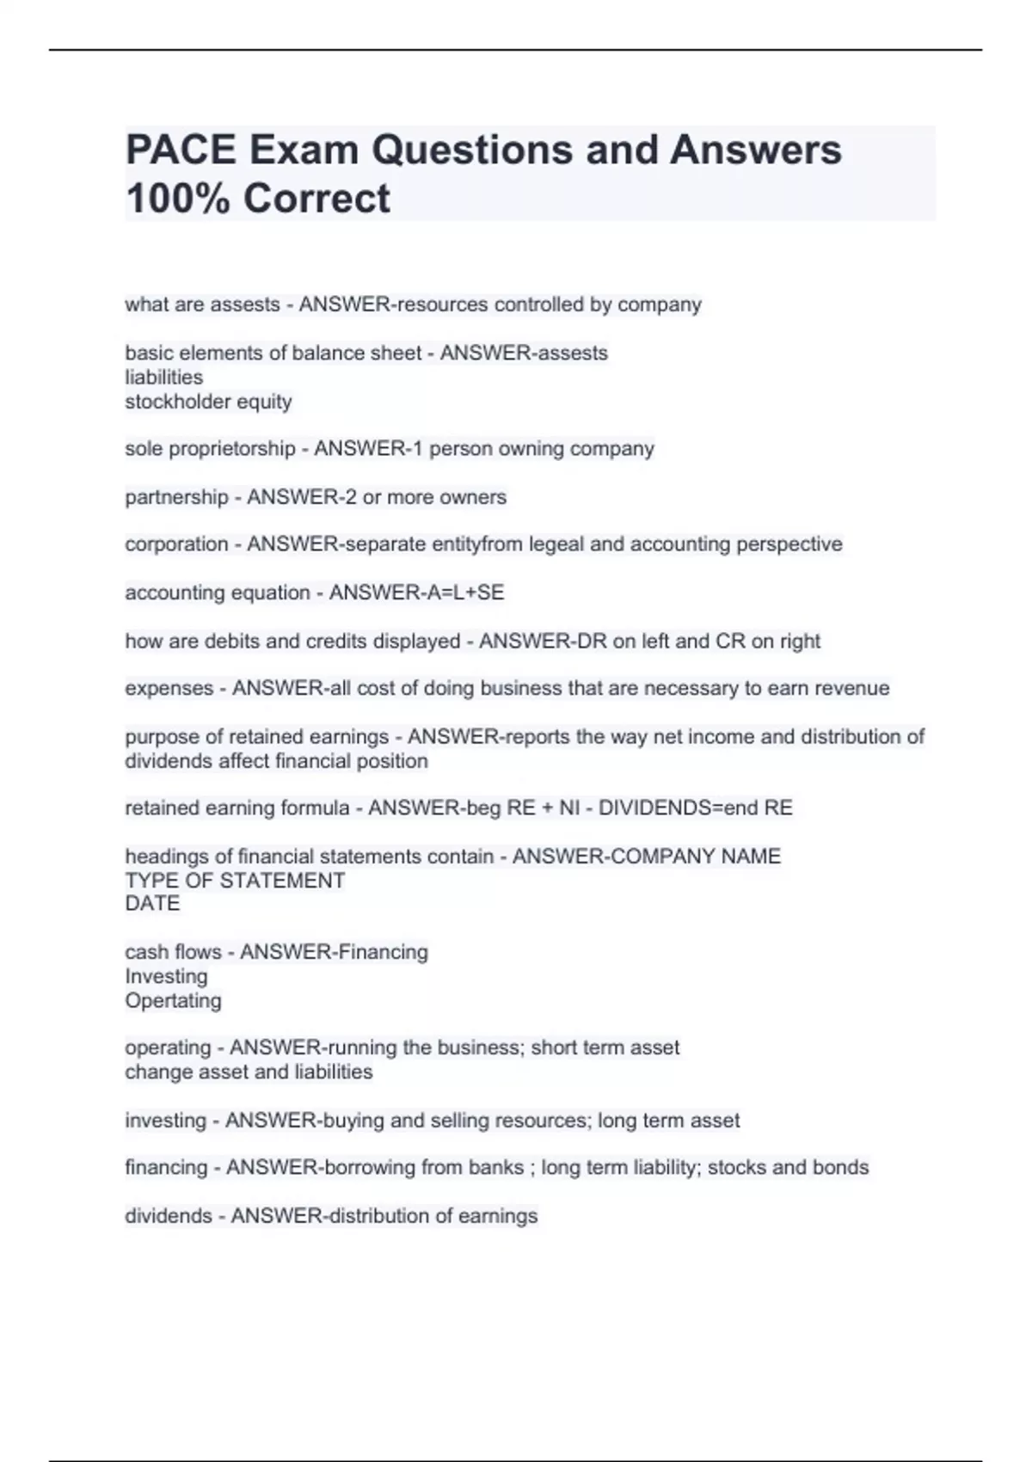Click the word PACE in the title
[x=181, y=150]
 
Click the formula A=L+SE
[x=460, y=593]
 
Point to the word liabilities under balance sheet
[x=164, y=378]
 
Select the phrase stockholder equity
[x=208, y=402]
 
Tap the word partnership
[x=176, y=497]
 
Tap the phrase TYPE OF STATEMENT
[x=235, y=881]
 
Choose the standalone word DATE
[x=152, y=904]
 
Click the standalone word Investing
[x=166, y=977]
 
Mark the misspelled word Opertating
[x=173, y=1001]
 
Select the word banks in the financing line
[x=495, y=1168]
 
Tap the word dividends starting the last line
[x=168, y=1216]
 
